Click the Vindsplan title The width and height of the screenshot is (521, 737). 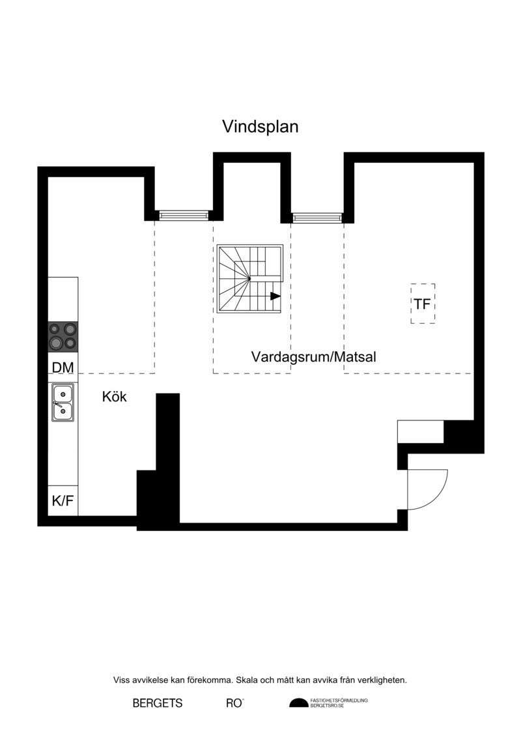point(260,127)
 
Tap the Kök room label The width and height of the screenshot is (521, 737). point(114,397)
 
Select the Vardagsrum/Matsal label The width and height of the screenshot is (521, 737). point(314,356)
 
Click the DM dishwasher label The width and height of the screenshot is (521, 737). point(63,368)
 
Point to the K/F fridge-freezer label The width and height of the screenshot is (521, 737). point(63,500)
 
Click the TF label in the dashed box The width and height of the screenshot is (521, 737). point(423,304)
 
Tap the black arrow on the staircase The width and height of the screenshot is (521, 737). point(275,296)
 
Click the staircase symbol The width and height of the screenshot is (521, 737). point(250,279)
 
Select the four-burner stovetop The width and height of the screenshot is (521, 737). point(63,337)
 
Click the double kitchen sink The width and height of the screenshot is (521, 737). point(63,402)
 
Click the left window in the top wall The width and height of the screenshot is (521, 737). point(183,215)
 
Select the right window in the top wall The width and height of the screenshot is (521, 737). point(317,217)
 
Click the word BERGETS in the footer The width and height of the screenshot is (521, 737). point(158,704)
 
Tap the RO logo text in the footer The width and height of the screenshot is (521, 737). point(234,704)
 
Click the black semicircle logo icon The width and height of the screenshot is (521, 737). point(299,703)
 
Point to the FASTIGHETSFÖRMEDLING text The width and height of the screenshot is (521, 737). point(339,701)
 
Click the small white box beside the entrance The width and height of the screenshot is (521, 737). point(421,431)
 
